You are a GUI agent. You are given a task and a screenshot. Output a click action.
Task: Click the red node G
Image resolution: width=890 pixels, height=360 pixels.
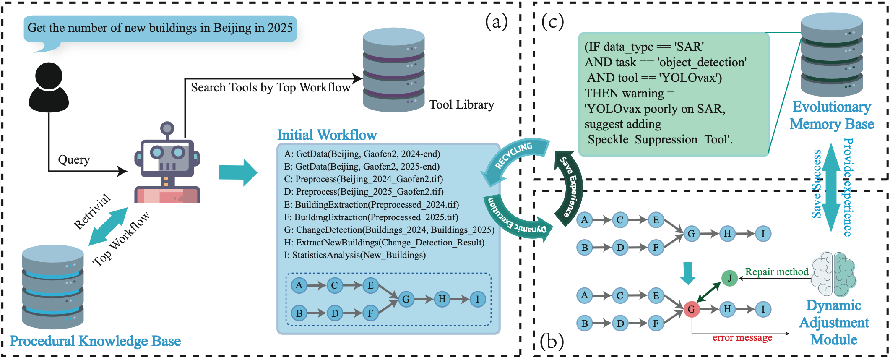click(x=691, y=310)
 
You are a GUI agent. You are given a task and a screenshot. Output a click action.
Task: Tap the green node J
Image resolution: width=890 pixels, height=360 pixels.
click(x=729, y=278)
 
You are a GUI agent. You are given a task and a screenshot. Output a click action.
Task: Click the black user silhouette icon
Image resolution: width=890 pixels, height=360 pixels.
click(x=49, y=87)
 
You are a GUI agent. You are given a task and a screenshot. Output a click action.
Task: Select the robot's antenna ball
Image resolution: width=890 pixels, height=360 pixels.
click(x=167, y=128)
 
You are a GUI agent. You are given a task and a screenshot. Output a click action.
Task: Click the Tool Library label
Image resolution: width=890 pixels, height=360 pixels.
click(x=461, y=104)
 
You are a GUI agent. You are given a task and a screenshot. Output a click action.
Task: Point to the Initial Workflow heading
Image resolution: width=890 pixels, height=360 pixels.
click(x=327, y=135)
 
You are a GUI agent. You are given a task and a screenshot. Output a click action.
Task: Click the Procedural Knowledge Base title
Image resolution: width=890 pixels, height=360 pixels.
click(x=95, y=341)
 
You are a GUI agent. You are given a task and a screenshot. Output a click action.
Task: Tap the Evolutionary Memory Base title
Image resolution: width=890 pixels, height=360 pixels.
click(x=831, y=115)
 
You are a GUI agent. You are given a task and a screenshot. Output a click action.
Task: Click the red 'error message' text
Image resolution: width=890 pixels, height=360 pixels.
click(x=742, y=338)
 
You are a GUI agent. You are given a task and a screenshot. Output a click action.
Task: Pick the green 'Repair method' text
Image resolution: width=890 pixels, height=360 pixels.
click(x=776, y=272)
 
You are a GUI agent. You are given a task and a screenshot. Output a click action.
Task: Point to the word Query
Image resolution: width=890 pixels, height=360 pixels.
click(x=74, y=160)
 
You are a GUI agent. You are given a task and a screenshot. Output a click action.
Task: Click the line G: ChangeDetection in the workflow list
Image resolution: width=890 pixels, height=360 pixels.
click(x=389, y=230)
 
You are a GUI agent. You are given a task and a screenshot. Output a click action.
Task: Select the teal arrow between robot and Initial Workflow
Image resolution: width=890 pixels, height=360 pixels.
click(x=237, y=172)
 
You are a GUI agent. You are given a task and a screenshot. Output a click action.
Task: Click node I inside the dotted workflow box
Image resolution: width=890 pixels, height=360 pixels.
click(x=477, y=299)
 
